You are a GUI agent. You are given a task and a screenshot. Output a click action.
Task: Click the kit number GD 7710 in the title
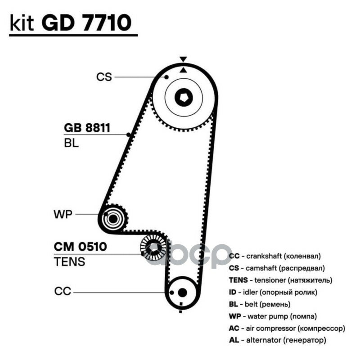point(86,22)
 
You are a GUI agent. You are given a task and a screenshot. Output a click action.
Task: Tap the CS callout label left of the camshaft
point(104,77)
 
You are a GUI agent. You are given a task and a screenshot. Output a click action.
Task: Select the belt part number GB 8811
point(87,128)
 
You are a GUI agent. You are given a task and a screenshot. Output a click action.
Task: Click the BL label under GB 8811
point(71,143)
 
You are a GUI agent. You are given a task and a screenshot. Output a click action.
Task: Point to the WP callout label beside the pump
point(63,214)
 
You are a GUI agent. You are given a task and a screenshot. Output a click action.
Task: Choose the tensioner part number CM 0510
point(81,247)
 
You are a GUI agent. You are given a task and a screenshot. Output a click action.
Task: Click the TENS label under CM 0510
point(69,262)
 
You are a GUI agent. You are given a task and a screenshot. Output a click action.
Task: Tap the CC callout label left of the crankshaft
point(63,291)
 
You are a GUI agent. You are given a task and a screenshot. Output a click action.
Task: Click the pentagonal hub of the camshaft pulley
point(184,98)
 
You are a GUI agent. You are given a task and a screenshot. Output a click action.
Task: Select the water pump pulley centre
point(113,219)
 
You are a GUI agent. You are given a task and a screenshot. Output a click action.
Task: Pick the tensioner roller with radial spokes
point(153,248)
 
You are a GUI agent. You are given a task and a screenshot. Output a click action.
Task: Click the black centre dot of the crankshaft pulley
point(183,292)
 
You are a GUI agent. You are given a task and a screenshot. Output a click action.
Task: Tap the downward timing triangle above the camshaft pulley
point(183,59)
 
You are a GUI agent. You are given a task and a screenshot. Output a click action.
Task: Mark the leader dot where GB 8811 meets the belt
point(129,135)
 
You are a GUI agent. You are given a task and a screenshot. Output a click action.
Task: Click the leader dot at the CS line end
point(166,77)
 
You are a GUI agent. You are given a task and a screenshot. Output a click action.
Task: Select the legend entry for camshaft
point(277,268)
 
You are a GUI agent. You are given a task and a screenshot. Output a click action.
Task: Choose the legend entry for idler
point(273,292)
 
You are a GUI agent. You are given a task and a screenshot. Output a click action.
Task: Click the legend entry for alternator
point(277,340)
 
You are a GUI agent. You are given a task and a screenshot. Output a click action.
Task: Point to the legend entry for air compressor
point(287,328)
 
